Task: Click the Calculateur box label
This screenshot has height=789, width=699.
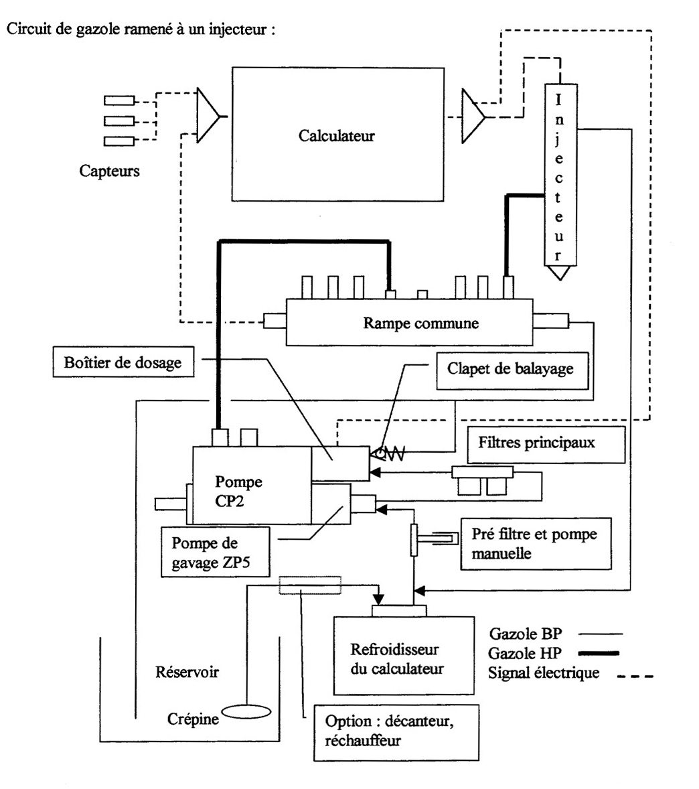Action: tap(336, 136)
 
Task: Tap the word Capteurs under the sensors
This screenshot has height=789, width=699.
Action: tap(110, 171)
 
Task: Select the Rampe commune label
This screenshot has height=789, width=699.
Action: tap(421, 323)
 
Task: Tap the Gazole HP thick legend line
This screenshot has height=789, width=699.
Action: tap(602, 653)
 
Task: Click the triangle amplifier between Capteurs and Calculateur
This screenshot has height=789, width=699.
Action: tap(208, 116)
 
